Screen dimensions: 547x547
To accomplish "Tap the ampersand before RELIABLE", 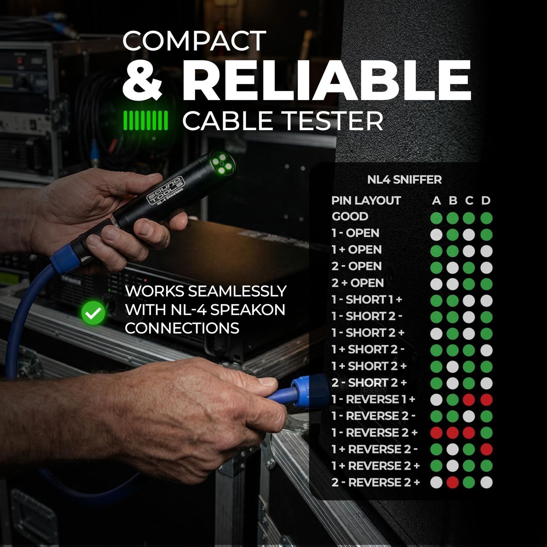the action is click(x=142, y=80).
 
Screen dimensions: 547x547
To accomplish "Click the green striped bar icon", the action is click(x=145, y=121).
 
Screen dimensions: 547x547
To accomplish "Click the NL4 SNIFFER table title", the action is click(x=404, y=180).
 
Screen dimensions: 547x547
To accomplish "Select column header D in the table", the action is click(x=486, y=201).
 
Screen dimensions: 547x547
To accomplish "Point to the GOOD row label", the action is click(x=350, y=217).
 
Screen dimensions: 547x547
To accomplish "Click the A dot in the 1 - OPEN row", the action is click(x=436, y=235).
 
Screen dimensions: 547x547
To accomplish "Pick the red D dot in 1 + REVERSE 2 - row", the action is click(x=486, y=449).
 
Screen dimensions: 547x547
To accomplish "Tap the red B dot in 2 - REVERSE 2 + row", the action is click(x=453, y=482).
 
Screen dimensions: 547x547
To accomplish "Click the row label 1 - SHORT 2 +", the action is click(x=368, y=333).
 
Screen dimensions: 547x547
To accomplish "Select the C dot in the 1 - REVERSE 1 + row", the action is click(x=469, y=400).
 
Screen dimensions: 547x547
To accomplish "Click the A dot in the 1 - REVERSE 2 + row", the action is click(x=436, y=432).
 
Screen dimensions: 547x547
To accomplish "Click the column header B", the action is click(x=453, y=201).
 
